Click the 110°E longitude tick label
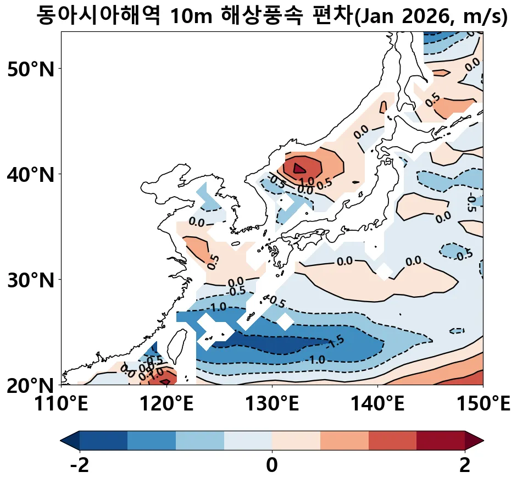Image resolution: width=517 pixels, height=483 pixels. coord(61,406)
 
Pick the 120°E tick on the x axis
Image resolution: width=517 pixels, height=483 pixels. coord(166,406)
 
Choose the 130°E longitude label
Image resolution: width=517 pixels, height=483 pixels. coord(272,406)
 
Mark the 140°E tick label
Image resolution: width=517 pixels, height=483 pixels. coord(377,406)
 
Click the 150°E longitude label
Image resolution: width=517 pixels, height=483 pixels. coord(482,406)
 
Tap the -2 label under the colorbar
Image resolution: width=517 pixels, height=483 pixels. coord(80,466)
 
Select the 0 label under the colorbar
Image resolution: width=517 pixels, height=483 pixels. coord(272,466)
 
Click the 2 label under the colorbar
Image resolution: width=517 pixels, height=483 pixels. coord(465,466)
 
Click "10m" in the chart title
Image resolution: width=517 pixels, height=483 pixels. coord(187,16)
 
